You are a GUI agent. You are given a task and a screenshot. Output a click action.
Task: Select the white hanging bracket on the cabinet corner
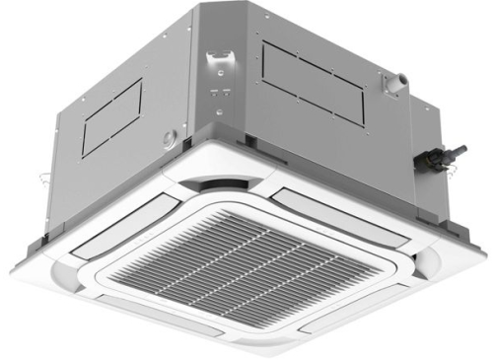coord(220,64)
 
